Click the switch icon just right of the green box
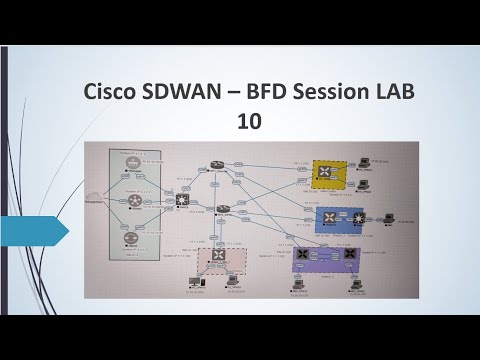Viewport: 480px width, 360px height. [182, 200]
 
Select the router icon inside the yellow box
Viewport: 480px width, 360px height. [325, 172]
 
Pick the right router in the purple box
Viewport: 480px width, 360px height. [348, 256]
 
